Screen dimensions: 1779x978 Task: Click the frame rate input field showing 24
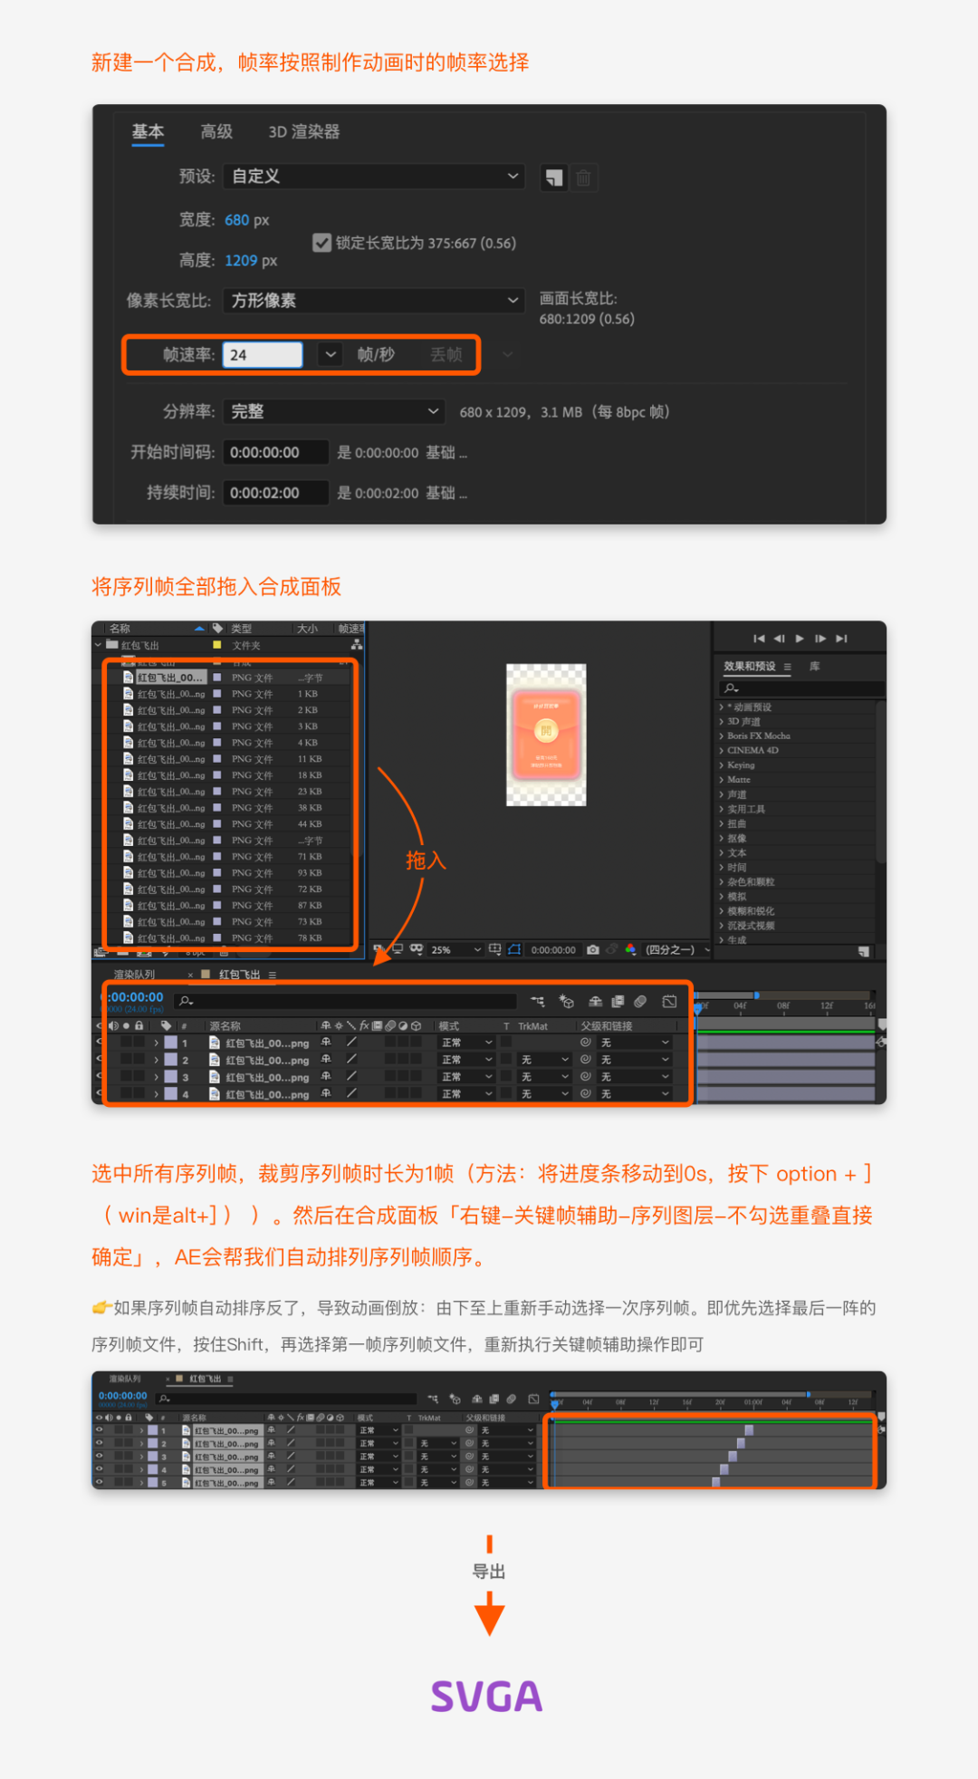coord(262,355)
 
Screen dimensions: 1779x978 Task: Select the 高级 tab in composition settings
coord(216,132)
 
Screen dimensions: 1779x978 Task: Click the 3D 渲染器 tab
coord(303,132)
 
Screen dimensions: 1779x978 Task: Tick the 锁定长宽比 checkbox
coord(321,243)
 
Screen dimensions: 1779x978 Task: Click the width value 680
coord(236,220)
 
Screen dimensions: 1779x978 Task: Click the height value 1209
coord(241,261)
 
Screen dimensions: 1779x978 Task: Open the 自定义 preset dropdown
coord(374,177)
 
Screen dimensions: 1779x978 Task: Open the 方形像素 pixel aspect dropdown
coord(374,301)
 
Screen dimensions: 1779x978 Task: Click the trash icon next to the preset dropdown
coord(583,178)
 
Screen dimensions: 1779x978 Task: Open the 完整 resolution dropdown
coord(332,412)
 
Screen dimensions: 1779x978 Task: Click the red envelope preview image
coord(546,735)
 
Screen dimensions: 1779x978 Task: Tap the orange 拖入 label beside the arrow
coord(426,861)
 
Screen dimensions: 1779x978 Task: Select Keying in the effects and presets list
coord(740,764)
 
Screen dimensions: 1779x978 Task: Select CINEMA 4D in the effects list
coord(752,750)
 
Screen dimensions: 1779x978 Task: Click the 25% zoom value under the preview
coord(441,950)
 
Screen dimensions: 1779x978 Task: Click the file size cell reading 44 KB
coord(310,824)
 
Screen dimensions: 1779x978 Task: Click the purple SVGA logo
coord(487,1697)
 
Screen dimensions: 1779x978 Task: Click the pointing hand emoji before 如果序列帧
coord(101,1308)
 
